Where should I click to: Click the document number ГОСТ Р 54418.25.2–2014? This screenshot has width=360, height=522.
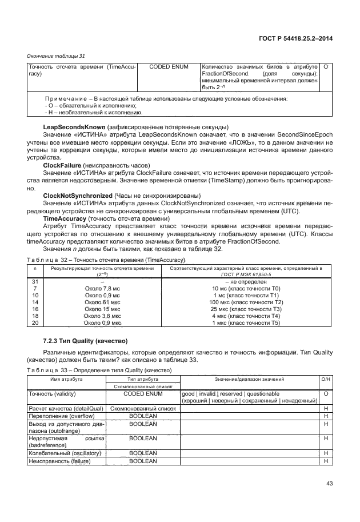click(297, 38)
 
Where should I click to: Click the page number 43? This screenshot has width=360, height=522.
click(329, 484)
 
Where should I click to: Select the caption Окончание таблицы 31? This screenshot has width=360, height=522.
click(57, 56)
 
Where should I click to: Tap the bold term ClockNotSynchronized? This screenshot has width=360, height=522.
click(78, 196)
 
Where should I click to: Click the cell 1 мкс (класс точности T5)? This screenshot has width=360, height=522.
click(247, 323)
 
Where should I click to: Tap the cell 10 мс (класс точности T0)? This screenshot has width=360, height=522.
click(247, 289)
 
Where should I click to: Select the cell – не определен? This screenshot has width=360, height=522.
click(247, 282)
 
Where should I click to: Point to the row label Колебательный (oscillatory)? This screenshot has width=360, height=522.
click(65, 453)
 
